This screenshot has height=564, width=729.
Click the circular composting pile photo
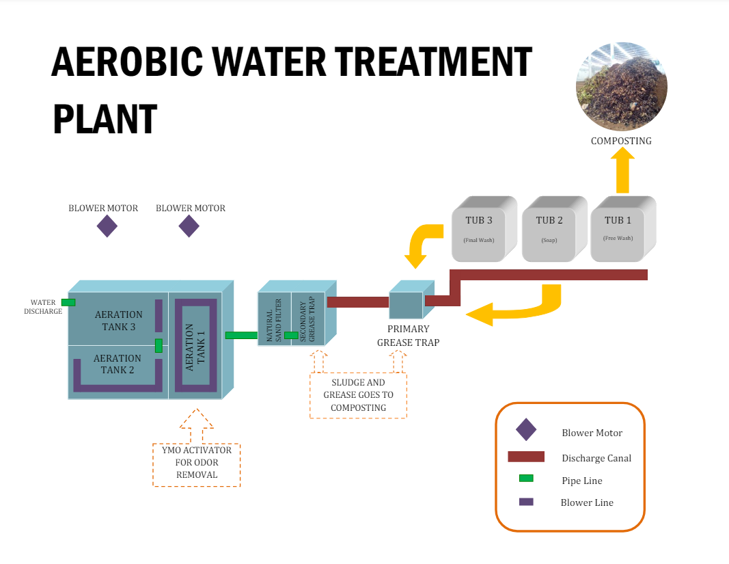621,86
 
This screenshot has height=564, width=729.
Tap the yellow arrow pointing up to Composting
622,172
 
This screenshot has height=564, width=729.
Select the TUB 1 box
618,230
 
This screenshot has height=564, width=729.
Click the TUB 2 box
549,230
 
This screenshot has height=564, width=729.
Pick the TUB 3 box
480,230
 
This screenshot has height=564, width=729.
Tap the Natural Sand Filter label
274,319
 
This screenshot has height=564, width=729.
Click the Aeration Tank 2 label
118,364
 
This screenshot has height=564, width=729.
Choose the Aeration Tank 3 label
119,321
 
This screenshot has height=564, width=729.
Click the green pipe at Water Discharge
68,302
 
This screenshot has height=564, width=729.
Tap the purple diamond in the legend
526,430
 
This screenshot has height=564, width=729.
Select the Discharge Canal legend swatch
525,457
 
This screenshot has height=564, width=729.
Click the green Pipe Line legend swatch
526,479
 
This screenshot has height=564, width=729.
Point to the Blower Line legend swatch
526,502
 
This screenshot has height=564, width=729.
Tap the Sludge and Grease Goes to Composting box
358,395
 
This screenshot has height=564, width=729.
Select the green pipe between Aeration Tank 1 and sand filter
240,335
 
